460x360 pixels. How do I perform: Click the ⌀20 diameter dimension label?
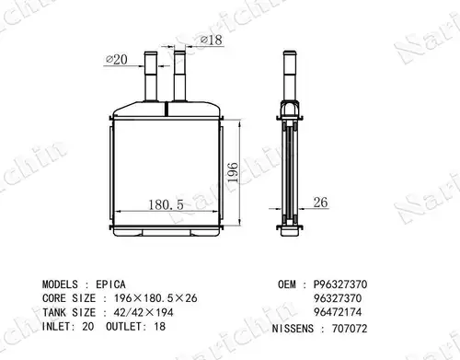point(117,59)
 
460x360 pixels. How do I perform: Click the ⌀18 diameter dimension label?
point(212,40)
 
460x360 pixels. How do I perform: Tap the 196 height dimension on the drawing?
point(233,173)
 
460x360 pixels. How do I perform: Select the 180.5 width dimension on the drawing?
point(166,204)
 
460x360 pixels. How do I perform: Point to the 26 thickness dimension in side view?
point(320,203)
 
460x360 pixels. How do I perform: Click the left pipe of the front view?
point(151,76)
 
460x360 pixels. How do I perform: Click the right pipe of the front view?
point(179,75)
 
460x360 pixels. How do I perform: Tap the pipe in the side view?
point(290,75)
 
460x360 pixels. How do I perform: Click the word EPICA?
point(110,285)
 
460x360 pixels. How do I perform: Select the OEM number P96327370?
point(340,285)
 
